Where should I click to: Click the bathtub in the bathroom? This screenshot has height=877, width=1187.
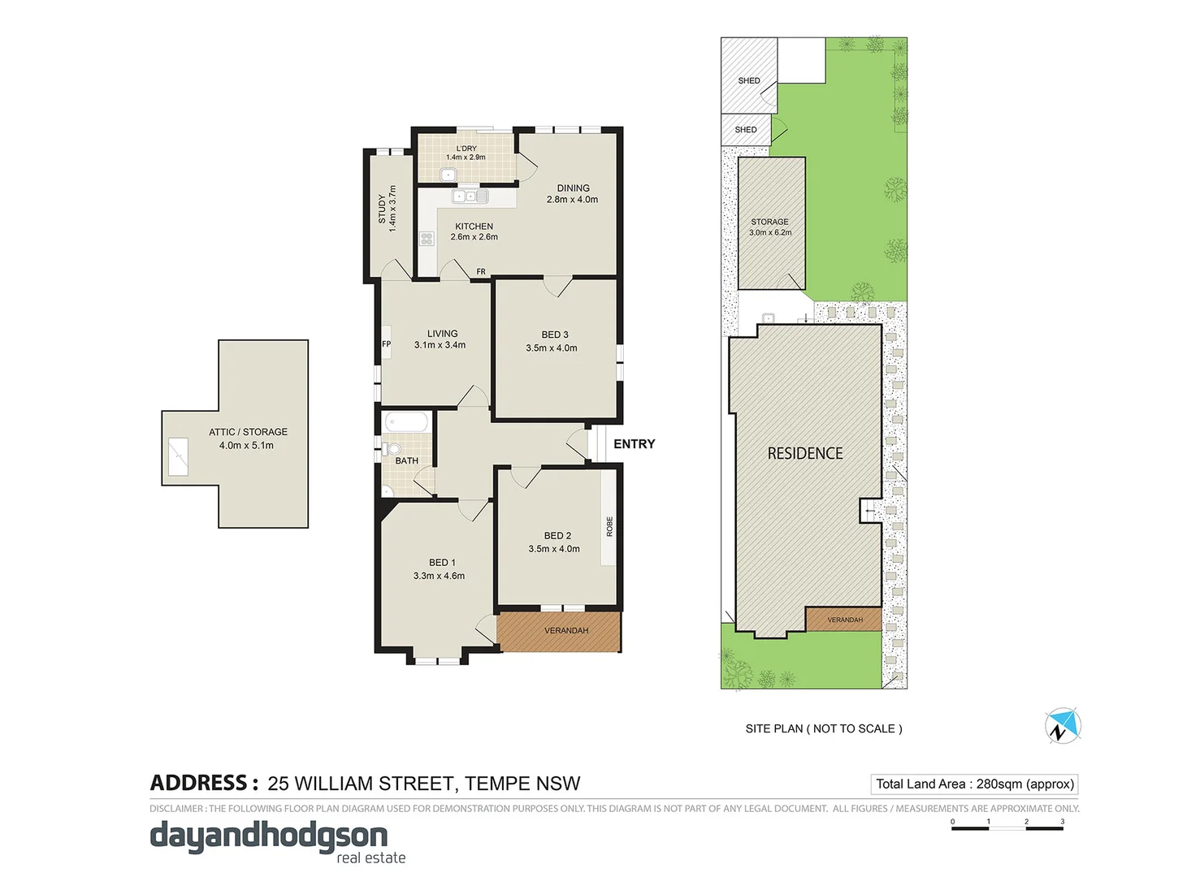pos(406,422)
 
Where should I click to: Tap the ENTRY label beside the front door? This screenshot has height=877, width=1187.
pos(634,444)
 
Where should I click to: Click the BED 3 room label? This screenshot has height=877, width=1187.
pos(554,335)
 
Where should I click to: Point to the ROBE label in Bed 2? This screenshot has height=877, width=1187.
pos(609,526)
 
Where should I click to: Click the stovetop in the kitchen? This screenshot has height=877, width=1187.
pos(427,239)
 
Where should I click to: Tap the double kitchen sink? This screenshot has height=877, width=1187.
pos(470,197)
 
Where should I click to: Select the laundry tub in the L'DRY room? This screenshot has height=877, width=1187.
pos(448,174)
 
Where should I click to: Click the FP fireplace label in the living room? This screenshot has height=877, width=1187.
pos(386,343)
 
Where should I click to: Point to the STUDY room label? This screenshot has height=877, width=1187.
pos(382,209)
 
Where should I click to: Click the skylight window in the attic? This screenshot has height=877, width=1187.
pos(178,457)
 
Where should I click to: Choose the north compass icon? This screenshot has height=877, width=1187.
pos(1062,726)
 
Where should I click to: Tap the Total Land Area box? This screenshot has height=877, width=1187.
pos(974,784)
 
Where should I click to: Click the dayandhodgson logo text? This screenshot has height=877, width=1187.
pos(269,836)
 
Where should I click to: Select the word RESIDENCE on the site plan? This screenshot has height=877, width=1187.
pos(805,453)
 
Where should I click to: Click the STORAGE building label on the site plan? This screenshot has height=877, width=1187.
pos(769,222)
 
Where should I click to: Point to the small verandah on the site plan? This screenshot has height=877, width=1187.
pos(844,620)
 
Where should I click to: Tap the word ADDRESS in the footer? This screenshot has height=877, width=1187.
pos(199,783)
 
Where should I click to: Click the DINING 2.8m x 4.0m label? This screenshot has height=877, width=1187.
pos(573,193)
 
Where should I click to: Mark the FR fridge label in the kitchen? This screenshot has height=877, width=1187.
pos(481,272)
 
